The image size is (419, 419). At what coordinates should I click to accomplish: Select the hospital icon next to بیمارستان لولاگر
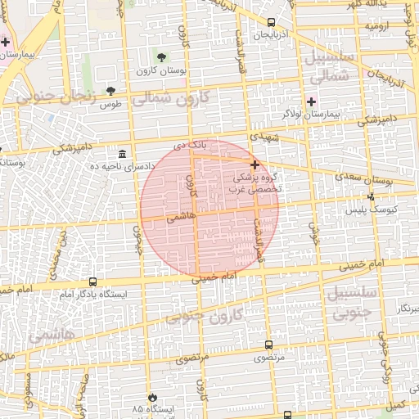point(311,101)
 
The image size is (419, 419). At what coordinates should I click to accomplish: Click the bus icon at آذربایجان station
point(271,23)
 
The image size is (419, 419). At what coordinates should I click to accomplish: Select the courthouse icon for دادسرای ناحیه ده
point(122,154)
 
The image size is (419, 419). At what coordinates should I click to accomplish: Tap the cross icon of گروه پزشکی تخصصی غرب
point(255,164)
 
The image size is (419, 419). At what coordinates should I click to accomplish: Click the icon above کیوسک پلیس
point(372,196)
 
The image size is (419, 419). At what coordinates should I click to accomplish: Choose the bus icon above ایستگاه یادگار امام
point(92,282)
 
